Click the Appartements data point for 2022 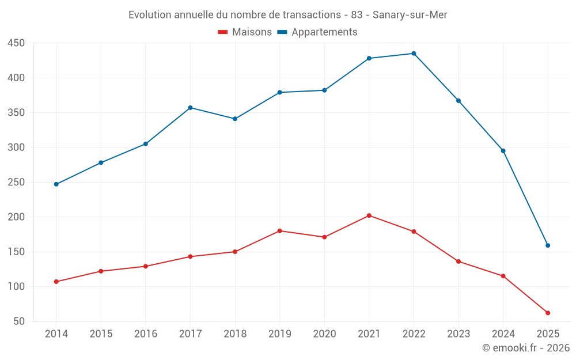tap(414, 54)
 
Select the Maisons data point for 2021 tap(369, 215)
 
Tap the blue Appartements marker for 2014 tap(56, 184)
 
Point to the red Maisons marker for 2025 tap(548, 313)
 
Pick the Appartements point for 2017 tap(190, 108)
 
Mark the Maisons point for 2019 tap(279, 231)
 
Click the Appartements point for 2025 tap(548, 245)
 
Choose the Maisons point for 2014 tap(56, 282)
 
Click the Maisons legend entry tap(245, 32)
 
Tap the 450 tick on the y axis tap(16, 43)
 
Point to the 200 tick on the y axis tap(16, 217)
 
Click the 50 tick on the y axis tap(19, 321)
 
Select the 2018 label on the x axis tap(235, 334)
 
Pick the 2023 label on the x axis tap(458, 334)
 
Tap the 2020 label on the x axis tap(324, 334)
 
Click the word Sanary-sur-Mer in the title tap(410, 15)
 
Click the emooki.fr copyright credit tap(526, 348)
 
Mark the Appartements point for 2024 tap(503, 151)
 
